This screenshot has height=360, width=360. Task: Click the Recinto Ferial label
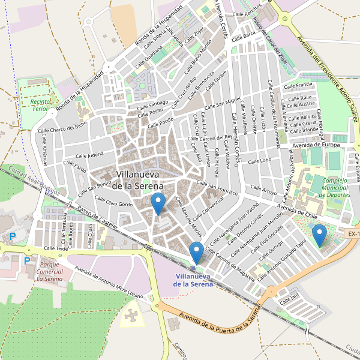pyautogui.click(x=34, y=106)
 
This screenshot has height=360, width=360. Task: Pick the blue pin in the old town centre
pyautogui.click(x=158, y=203)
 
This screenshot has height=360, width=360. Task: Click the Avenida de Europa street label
pyautogui.click(x=316, y=145)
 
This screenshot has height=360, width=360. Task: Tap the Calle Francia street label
pyautogui.click(x=300, y=85)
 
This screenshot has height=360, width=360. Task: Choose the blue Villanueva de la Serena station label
pyautogui.click(x=193, y=280)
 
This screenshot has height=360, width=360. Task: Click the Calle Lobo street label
pyautogui.click(x=260, y=161)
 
